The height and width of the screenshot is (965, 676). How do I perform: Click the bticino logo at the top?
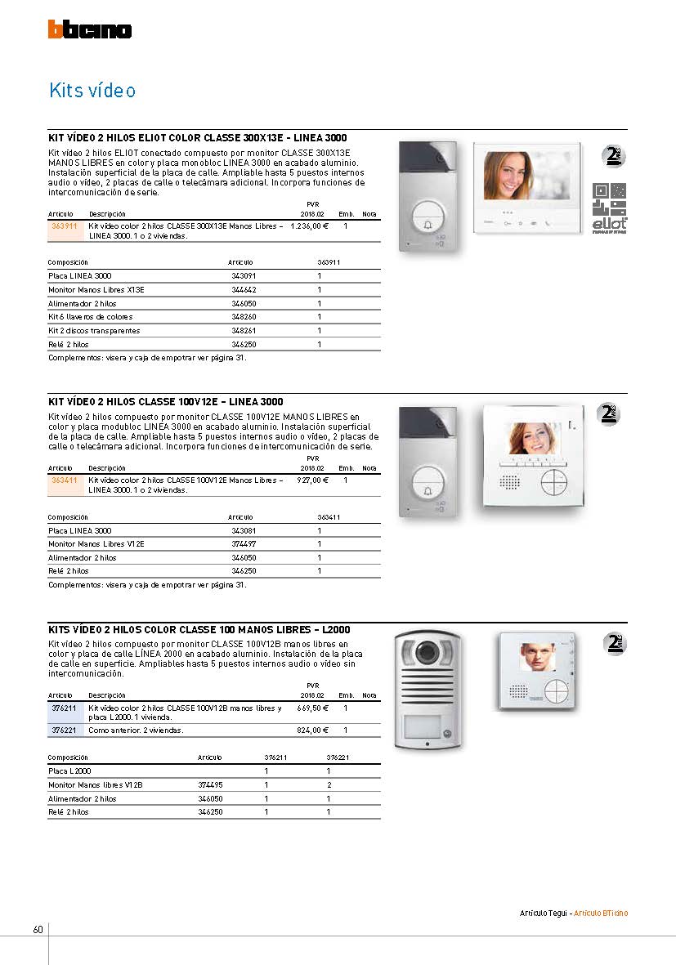point(90,29)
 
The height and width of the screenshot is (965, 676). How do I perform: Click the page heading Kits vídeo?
point(92,90)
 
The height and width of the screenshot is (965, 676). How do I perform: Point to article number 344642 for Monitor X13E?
point(244,289)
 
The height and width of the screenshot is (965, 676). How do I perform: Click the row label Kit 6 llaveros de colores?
point(90,317)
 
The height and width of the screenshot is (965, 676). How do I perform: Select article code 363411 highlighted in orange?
point(64,480)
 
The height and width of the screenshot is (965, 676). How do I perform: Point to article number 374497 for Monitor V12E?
point(244,544)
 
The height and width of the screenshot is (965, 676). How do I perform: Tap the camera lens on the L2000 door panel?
point(426,654)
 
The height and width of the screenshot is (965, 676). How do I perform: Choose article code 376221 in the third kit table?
point(64,730)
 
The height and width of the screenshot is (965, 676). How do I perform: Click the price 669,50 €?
point(312,708)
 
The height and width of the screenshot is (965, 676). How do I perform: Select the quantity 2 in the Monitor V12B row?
point(329,784)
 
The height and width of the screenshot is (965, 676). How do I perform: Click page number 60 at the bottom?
point(38,930)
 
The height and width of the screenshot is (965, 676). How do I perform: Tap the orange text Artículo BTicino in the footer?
point(601,913)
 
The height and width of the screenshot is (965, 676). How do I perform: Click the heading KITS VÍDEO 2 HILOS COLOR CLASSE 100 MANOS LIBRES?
point(199,630)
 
